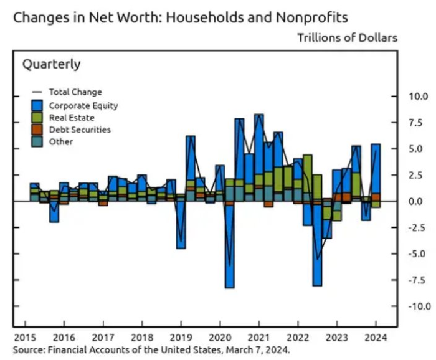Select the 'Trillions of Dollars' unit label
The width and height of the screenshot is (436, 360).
[347, 38]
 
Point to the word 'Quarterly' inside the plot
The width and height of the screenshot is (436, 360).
[52, 64]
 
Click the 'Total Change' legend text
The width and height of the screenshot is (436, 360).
[75, 92]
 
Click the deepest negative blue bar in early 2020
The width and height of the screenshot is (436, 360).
[229, 249]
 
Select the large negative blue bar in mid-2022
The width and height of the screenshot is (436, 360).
[317, 249]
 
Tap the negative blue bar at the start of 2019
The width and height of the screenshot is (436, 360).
[181, 227]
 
